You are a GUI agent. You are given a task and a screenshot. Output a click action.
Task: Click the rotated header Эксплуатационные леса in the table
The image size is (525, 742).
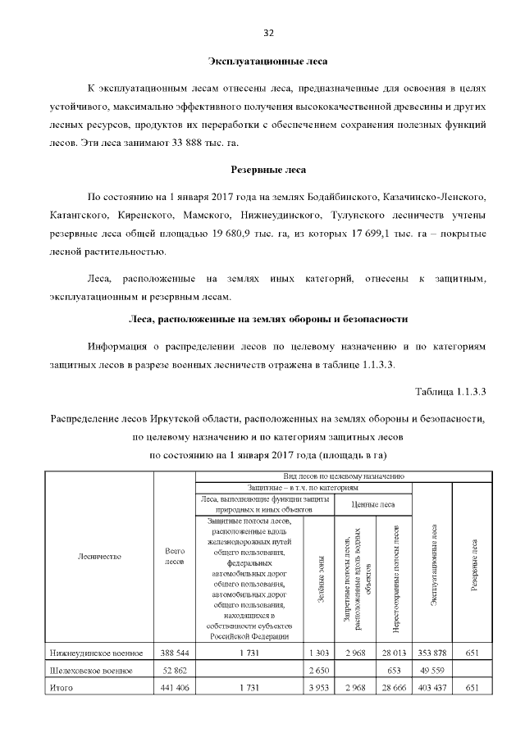click(432, 566)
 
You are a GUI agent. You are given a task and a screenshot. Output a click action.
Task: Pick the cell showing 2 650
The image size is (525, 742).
click(319, 670)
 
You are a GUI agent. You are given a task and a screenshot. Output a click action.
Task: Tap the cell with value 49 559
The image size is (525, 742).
click(432, 670)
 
